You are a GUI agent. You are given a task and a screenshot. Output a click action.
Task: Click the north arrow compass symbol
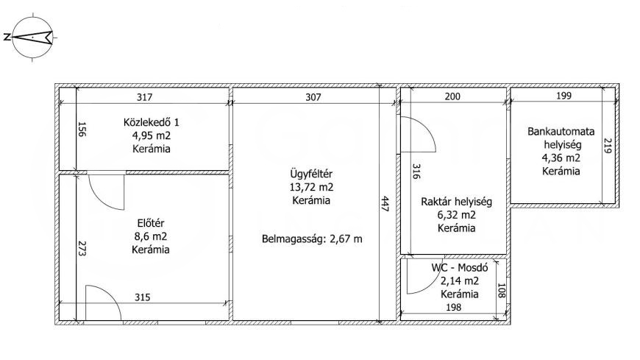click(32, 38)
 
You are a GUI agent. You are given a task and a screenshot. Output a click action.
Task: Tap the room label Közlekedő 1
click(151, 122)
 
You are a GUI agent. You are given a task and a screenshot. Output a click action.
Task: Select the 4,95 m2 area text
click(151, 135)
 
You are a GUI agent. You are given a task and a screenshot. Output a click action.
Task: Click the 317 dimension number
click(144, 97)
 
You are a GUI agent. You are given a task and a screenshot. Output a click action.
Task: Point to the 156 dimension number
click(82, 129)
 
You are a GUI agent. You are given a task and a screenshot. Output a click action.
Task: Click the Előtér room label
click(151, 223)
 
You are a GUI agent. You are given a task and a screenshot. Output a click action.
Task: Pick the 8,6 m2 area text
click(151, 236)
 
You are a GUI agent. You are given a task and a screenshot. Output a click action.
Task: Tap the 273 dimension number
click(82, 248)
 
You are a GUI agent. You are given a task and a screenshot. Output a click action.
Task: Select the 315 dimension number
click(143, 297)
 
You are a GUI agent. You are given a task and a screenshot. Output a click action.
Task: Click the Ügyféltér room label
click(311, 174)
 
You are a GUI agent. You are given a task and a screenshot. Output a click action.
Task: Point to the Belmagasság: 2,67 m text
click(312, 239)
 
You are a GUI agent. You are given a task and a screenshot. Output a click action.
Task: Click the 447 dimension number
click(385, 203)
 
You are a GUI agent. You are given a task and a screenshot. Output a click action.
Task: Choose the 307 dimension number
click(313, 97)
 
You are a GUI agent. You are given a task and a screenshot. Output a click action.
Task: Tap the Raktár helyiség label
click(456, 202)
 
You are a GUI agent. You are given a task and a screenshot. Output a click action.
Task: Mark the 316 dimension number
click(416, 172)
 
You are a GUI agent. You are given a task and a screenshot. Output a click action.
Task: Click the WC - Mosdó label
click(460, 268)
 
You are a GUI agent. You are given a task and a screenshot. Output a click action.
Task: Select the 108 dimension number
click(502, 291)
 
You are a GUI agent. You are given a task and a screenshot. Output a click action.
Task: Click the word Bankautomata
click(561, 132)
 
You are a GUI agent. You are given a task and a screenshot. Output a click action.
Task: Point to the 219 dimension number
click(607, 146)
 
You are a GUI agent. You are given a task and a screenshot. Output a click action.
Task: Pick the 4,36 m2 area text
click(561, 158)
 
